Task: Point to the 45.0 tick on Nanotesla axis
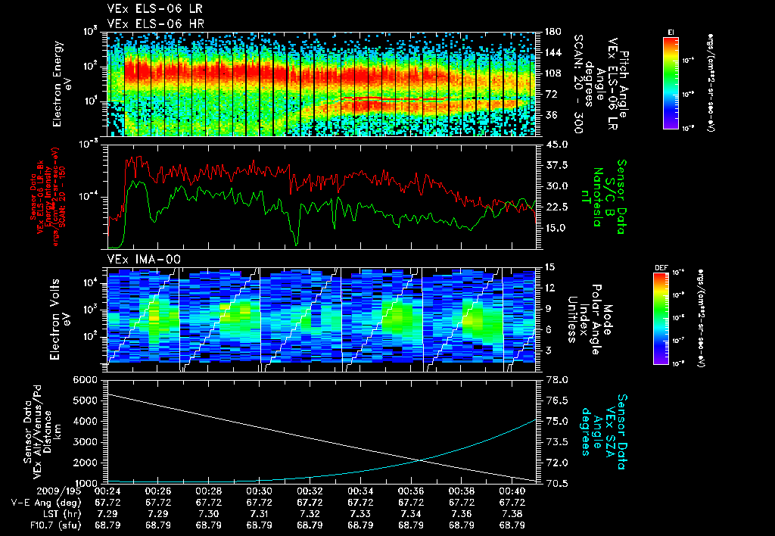(x=557, y=144)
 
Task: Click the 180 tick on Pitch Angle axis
(x=552, y=32)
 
